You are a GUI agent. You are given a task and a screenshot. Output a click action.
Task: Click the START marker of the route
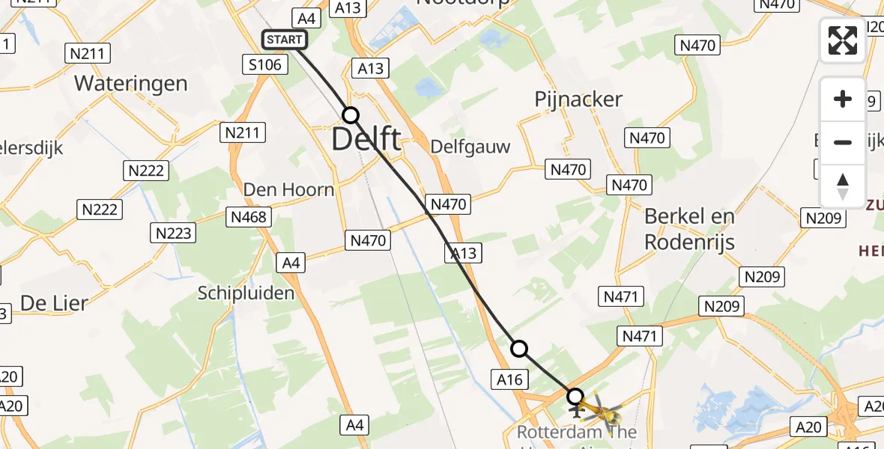[284, 40]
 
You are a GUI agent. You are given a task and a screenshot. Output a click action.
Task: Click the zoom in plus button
[843, 99]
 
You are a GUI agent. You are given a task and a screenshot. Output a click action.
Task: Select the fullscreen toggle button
[843, 40]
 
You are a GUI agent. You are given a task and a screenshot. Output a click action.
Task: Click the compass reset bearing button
[843, 186]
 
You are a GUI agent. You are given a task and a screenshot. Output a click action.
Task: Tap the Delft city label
[366, 139]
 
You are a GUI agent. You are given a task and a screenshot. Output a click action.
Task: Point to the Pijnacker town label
[578, 100]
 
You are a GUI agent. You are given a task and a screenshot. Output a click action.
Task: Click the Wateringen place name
[131, 83]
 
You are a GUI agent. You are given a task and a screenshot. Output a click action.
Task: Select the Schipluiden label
[246, 293]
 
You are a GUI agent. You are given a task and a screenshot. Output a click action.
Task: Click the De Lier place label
[54, 303]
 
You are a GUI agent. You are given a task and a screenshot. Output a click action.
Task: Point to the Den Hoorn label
[288, 190]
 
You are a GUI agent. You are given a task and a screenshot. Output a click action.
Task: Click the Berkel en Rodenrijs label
[690, 229]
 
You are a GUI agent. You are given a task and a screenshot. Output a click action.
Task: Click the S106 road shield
[266, 65]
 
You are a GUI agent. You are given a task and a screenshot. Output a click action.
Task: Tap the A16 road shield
[509, 380]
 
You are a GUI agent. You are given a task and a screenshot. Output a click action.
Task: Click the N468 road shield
[249, 218]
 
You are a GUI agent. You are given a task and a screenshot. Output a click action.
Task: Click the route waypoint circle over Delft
[351, 115]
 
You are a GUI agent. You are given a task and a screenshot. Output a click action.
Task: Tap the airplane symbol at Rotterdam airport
[577, 410]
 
